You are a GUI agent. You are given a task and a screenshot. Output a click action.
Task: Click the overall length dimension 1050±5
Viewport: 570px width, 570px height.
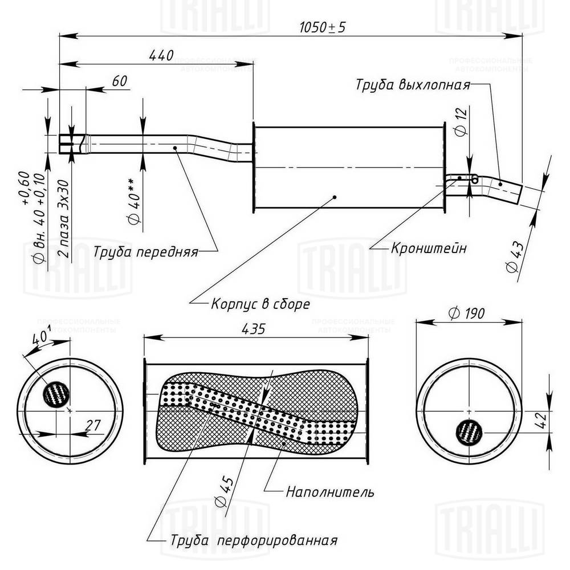[x=323, y=27]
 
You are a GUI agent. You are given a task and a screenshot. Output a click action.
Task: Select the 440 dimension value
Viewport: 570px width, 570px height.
[x=161, y=56]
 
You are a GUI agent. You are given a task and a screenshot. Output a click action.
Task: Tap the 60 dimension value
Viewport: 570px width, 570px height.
[x=119, y=82]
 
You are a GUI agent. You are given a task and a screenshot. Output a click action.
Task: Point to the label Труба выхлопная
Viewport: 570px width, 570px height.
[x=413, y=85]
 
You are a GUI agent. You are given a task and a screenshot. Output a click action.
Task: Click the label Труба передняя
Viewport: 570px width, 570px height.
[x=145, y=251]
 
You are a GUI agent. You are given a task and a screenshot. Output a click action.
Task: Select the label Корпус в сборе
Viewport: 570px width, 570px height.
[x=260, y=304]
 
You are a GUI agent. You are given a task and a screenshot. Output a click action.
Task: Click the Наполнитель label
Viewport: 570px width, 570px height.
[x=330, y=491]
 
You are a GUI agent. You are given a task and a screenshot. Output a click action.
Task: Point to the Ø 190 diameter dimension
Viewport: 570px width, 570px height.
[x=466, y=313]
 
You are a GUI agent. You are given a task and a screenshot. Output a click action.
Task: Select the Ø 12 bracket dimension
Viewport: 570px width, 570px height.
[x=462, y=121]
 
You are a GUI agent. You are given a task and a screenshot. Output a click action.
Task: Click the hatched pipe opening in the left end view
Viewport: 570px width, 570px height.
[x=57, y=394]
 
